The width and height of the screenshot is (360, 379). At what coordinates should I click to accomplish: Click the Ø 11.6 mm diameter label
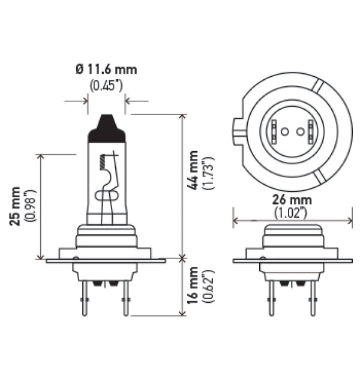[106, 70]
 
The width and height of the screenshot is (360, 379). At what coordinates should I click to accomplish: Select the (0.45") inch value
[106, 85]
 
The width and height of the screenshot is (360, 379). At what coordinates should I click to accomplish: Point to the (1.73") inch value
[208, 173]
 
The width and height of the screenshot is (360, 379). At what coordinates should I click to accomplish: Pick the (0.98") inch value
[30, 206]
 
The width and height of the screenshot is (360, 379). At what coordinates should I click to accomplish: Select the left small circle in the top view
[284, 131]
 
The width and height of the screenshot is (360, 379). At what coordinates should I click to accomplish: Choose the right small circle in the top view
[298, 131]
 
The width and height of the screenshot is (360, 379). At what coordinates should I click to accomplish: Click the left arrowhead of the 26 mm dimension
[235, 220]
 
